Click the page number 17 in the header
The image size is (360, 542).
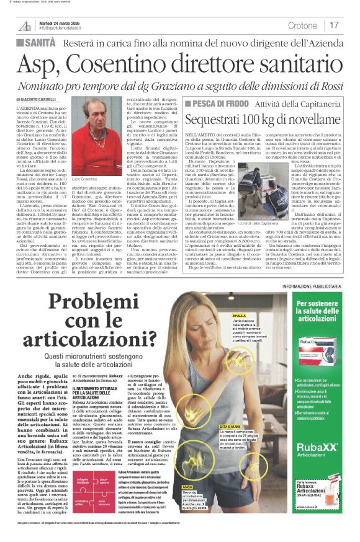click(x=334, y=25)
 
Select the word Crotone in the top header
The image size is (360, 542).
click(x=302, y=25)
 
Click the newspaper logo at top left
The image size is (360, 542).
click(x=25, y=25)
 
